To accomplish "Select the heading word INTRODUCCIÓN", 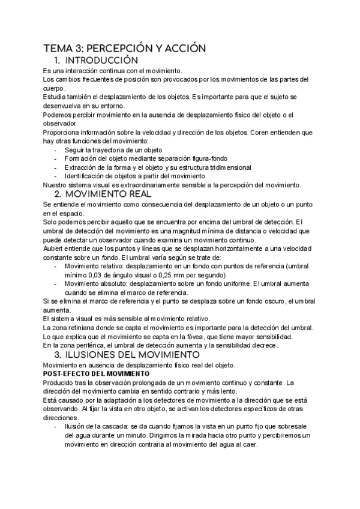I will [x=100, y=61].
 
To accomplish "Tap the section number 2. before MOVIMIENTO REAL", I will [x=59, y=194].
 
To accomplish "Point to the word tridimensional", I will [x=227, y=167].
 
